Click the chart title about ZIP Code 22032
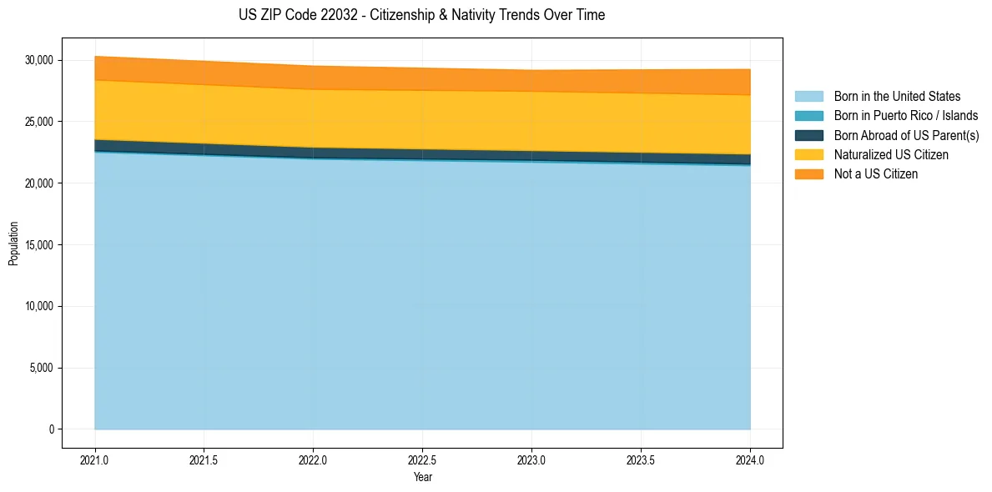coord(421,15)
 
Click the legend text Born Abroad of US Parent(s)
coord(906,135)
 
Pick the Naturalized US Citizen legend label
coord(890,155)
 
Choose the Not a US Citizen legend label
coord(875,174)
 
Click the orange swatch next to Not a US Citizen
coord(808,174)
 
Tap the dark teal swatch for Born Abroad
coord(808,135)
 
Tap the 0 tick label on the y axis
coord(50,429)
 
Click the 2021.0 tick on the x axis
coord(94,459)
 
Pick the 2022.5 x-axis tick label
coord(422,459)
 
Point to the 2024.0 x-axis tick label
coord(750,459)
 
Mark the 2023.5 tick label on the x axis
coord(641,459)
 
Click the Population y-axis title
coord(13,243)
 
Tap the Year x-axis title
coord(422,477)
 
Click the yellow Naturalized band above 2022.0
coord(313,118)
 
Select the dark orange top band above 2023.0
coord(531,80)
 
